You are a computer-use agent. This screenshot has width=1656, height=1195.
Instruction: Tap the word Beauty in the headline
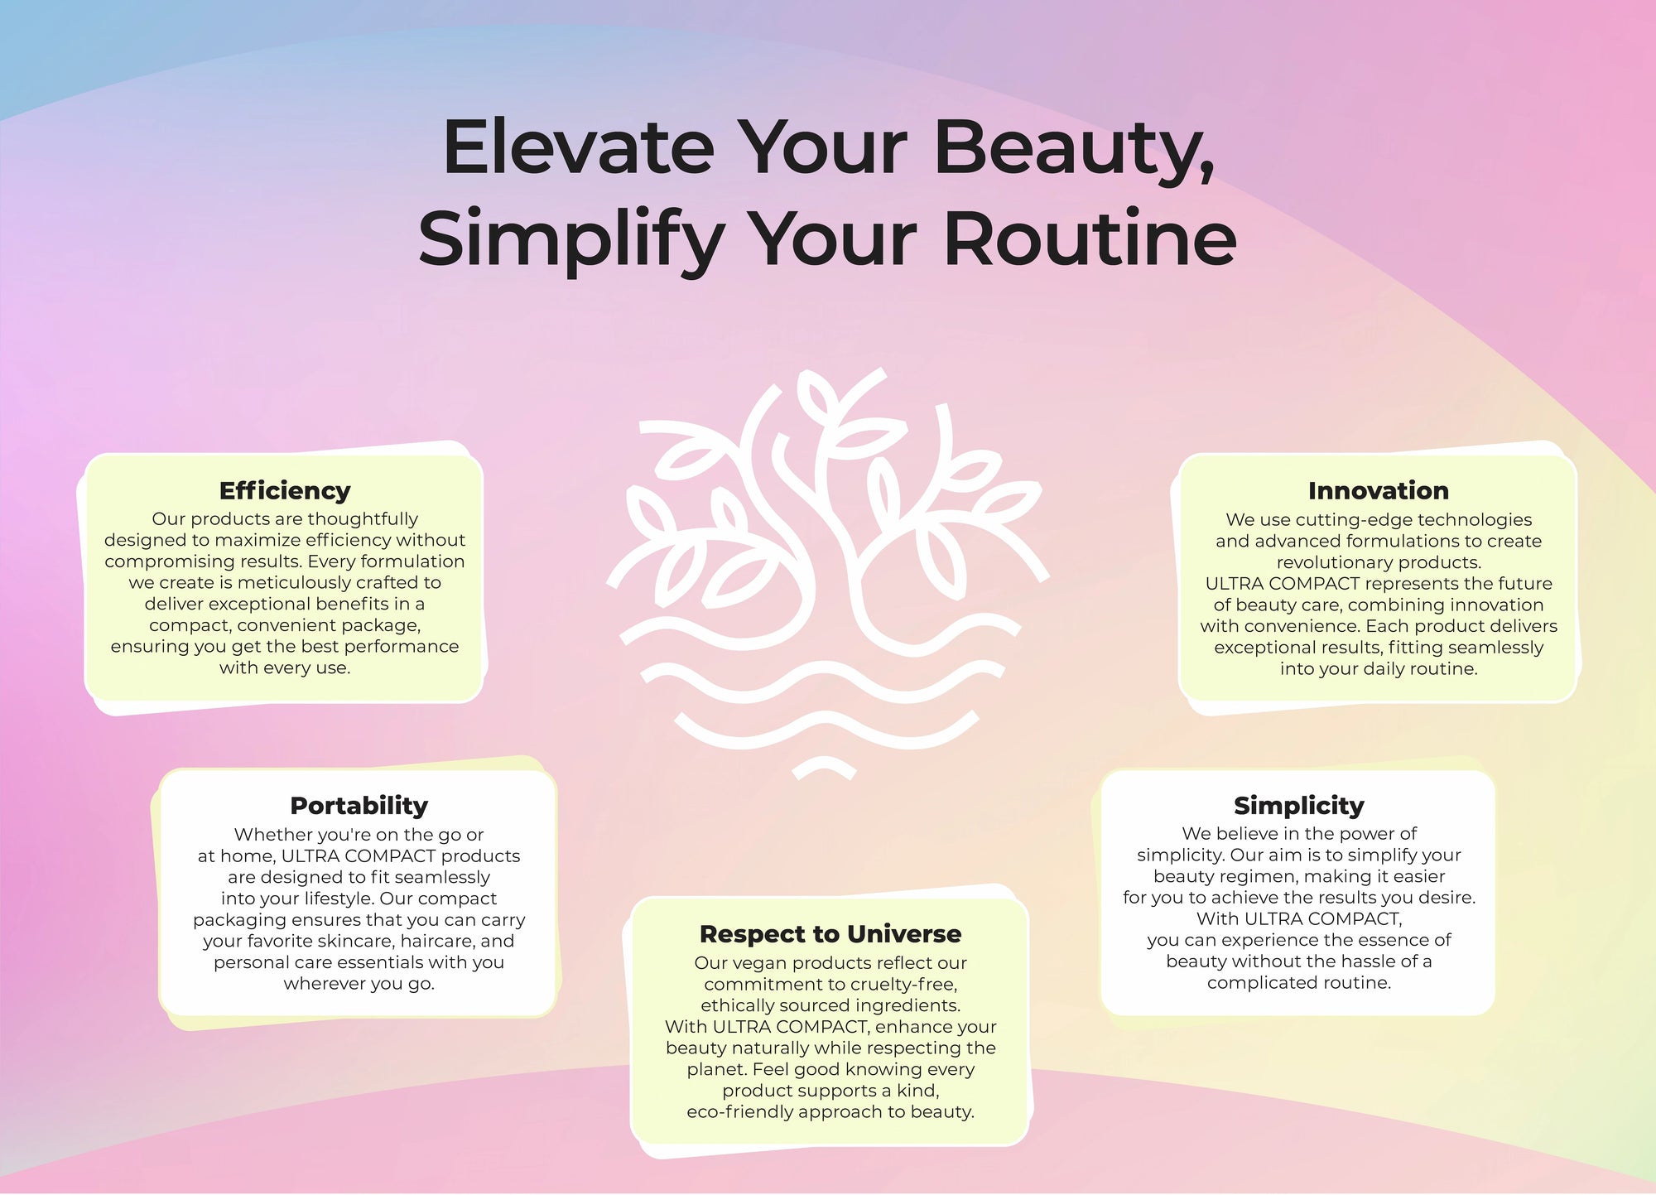tap(1075, 151)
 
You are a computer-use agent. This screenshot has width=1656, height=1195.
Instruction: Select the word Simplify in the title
tap(572, 241)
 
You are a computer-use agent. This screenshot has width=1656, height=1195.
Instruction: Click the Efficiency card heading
tap(285, 491)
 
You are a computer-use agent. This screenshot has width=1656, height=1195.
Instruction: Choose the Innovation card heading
tap(1379, 491)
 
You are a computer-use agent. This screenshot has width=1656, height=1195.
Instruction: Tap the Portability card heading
tap(359, 806)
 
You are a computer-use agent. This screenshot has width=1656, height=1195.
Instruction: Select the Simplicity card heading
tap(1298, 806)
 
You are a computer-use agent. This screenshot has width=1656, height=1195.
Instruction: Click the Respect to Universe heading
tap(830, 934)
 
